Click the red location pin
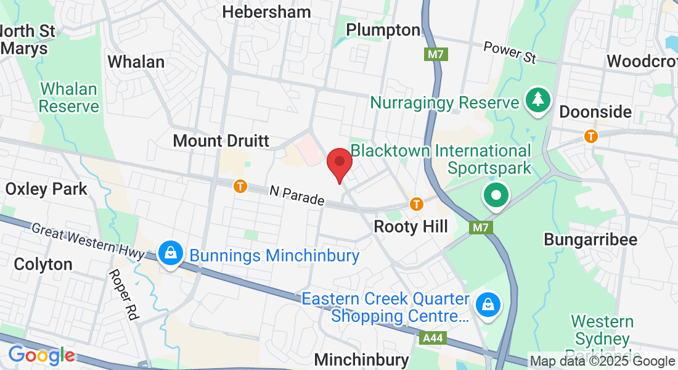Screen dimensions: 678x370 pos(339,163)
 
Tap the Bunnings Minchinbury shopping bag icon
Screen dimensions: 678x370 pos(169,253)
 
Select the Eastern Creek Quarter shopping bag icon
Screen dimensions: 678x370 pos(488,305)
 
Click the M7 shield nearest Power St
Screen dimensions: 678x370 pos(436,54)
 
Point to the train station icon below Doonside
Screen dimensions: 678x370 pos(591,136)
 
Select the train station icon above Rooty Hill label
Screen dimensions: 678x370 pos(417,203)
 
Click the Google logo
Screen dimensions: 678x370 pos(41,356)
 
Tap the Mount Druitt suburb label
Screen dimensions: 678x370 pos(221,141)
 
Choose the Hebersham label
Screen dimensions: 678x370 pos(266,12)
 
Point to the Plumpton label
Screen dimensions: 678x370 pos(383,30)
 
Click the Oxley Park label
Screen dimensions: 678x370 pos(47,189)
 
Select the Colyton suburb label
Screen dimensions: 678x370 pos(43,264)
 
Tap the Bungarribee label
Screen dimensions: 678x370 pos(590,240)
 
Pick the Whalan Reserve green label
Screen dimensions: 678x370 pos(69,97)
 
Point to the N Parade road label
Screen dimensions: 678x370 pos(296,196)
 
